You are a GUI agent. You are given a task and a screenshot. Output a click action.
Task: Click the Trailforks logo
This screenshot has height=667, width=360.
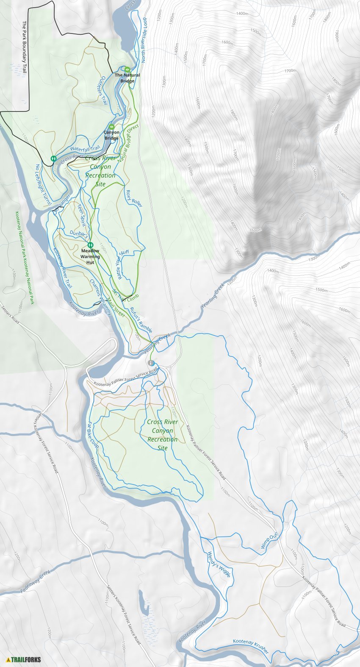pyautogui.click(x=24, y=659)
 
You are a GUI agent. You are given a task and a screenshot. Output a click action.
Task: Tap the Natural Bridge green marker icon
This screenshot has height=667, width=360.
pyautogui.click(x=127, y=69)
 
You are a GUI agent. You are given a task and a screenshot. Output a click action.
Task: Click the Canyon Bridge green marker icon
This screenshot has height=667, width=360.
pyautogui.click(x=112, y=127)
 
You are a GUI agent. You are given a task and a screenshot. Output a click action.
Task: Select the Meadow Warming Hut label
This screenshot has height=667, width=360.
pyautogui.click(x=90, y=256)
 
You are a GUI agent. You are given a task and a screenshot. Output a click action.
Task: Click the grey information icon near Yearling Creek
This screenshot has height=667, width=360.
pyautogui.click(x=151, y=363)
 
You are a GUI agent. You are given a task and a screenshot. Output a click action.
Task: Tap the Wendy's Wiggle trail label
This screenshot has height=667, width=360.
pyautogui.click(x=219, y=564)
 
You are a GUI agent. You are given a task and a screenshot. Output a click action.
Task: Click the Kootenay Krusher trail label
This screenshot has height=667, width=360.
pyautogui.click(x=251, y=647)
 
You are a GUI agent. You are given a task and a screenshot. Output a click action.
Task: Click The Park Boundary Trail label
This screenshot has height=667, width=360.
pyautogui.click(x=24, y=47)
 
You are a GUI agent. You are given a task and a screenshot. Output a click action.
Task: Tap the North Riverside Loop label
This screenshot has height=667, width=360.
pyautogui.click(x=144, y=40)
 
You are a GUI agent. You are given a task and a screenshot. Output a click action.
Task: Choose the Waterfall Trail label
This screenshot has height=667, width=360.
pyautogui.click(x=85, y=148)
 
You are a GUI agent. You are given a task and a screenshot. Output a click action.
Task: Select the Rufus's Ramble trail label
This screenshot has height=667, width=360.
pyautogui.click(x=141, y=320)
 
